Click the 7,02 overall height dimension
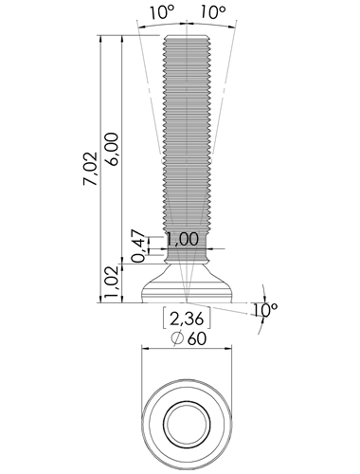(x=91, y=169)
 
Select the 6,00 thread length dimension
(x=113, y=149)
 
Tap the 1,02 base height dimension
(x=113, y=282)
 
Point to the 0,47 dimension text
(x=139, y=247)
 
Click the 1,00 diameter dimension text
(x=183, y=239)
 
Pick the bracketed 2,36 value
(x=187, y=319)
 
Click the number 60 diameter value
(x=197, y=338)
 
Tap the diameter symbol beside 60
(x=177, y=338)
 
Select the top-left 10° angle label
(x=162, y=13)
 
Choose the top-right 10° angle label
(x=213, y=13)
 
